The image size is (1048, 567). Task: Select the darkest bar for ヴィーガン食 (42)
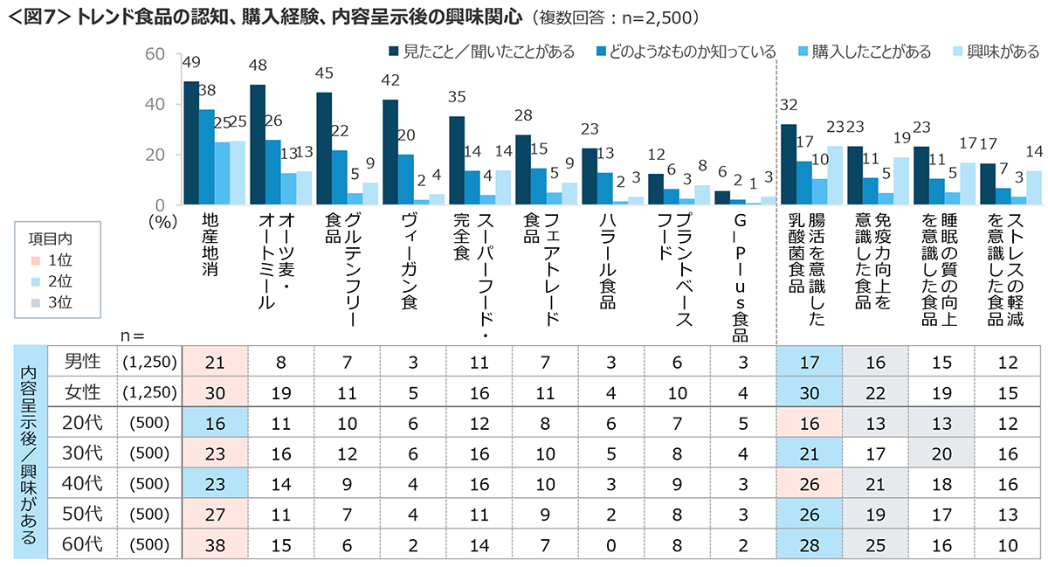click(x=390, y=153)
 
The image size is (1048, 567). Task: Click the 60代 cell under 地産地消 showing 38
click(x=215, y=544)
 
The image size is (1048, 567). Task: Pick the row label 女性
click(x=85, y=392)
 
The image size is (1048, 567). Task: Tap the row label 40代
click(x=85, y=483)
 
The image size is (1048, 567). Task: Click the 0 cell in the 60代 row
click(x=611, y=544)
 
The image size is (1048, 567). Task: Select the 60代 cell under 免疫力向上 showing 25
click(x=876, y=544)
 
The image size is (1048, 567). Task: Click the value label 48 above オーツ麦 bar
click(x=258, y=66)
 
